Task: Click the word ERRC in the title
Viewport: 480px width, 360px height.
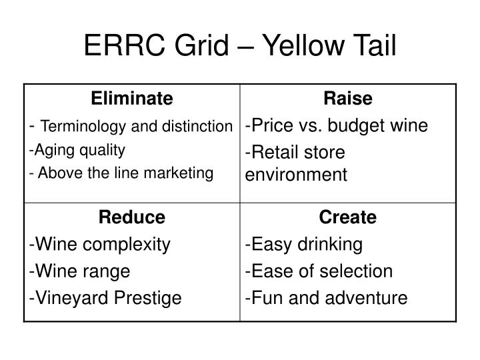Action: [124, 45]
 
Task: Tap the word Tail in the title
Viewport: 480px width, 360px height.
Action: [375, 45]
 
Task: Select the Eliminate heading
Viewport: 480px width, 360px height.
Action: [132, 98]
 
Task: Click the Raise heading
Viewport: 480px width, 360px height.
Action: [348, 98]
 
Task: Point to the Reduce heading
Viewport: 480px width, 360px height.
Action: [132, 217]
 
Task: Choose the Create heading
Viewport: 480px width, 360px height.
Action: [348, 217]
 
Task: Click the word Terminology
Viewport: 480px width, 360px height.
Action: [83, 127]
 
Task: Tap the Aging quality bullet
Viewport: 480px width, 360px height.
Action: [77, 150]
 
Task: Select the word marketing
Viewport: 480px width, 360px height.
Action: [179, 173]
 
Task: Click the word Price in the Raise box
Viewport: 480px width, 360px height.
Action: [273, 125]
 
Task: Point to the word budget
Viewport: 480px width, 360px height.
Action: [356, 126]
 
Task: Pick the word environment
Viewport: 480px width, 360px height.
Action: [296, 175]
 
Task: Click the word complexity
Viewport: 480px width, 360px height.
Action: [127, 245]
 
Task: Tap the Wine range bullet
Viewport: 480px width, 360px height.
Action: [79, 271]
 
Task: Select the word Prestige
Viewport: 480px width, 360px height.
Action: [147, 298]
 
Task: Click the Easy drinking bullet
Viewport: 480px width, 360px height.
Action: [304, 245]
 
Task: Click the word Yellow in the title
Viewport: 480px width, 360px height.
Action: [304, 45]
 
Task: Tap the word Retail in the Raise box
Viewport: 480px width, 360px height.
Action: [275, 152]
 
